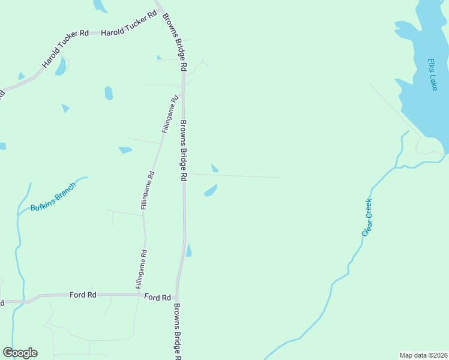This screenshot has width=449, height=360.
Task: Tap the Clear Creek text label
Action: (x=367, y=217)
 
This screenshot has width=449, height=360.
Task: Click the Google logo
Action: (x=20, y=353)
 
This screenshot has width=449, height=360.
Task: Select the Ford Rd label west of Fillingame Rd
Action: (x=83, y=295)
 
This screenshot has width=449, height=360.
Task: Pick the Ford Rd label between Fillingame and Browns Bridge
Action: (x=157, y=296)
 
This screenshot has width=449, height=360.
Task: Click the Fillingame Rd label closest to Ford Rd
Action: (x=140, y=268)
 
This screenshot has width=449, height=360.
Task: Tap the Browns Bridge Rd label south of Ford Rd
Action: (x=177, y=330)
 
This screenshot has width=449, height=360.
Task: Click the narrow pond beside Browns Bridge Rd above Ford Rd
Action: (x=188, y=250)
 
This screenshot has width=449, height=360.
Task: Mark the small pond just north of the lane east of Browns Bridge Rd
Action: (x=214, y=168)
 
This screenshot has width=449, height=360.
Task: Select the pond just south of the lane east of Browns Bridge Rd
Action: (x=211, y=190)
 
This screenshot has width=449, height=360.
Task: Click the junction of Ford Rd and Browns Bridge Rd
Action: (x=176, y=295)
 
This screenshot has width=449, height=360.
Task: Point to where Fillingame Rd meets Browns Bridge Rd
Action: (x=182, y=85)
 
